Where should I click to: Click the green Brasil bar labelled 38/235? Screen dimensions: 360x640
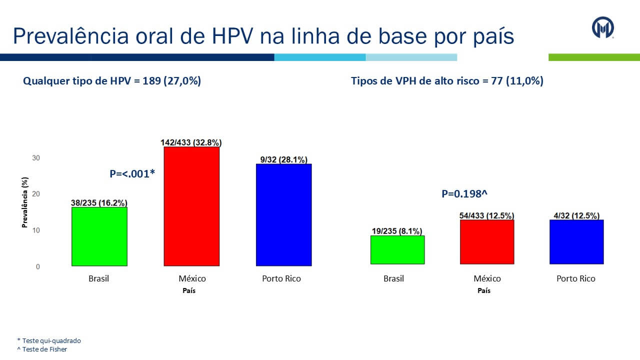(x=99, y=236)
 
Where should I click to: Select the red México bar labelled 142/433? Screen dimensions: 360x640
(x=191, y=206)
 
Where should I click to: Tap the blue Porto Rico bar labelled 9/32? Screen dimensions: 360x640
(x=283, y=214)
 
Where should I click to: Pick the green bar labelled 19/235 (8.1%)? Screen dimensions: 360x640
(x=397, y=249)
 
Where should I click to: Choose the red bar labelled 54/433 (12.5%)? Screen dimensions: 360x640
(x=487, y=241)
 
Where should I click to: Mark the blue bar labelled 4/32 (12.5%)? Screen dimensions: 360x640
(x=576, y=241)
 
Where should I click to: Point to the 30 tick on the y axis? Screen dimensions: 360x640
(x=36, y=158)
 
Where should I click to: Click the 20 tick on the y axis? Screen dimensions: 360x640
(x=36, y=194)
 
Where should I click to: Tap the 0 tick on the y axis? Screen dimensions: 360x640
(x=38, y=267)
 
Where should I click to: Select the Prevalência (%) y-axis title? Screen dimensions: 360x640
(x=24, y=202)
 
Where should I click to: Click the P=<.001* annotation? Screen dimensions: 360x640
(x=132, y=174)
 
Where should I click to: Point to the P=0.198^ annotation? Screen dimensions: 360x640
(x=464, y=194)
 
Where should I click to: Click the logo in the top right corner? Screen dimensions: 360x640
(x=603, y=27)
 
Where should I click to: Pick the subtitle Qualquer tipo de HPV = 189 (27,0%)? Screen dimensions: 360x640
(x=112, y=81)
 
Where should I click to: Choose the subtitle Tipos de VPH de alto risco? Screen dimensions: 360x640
(x=447, y=81)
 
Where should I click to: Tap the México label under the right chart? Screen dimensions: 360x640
(x=487, y=278)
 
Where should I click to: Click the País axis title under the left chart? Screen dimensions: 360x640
(x=189, y=290)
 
